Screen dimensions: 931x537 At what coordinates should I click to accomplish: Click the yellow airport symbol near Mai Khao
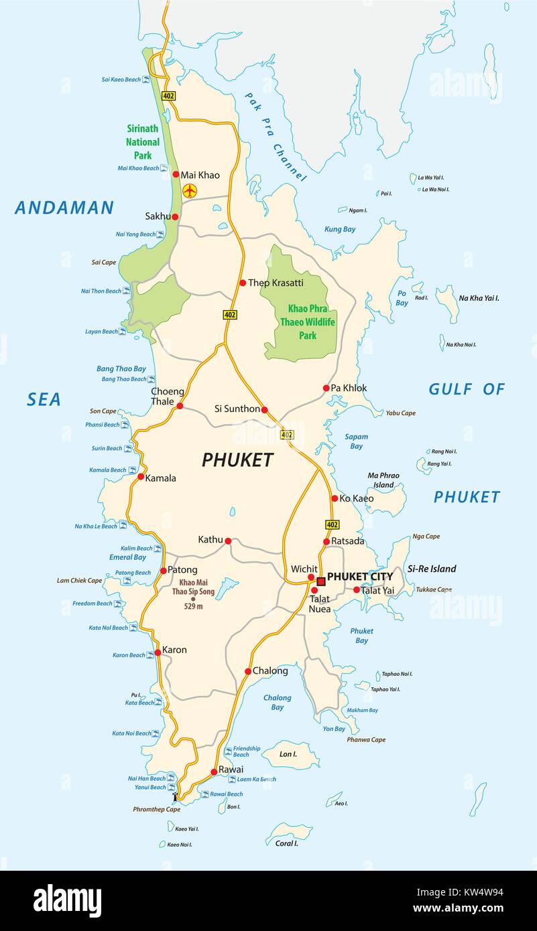point(190,191)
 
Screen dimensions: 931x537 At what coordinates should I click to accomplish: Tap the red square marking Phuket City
point(321,581)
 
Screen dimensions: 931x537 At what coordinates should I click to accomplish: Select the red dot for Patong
point(164,571)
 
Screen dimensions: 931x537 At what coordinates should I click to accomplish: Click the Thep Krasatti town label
point(276,283)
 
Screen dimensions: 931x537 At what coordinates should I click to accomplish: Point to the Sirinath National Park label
point(143,142)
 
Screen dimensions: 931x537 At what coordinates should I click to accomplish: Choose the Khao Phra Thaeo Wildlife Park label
point(307,321)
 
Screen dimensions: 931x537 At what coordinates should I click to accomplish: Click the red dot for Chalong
point(247,671)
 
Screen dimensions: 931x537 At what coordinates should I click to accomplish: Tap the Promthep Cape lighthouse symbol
point(176,797)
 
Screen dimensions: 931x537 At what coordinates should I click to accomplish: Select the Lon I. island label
point(288,754)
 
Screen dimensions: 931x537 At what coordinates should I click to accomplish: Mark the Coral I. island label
point(286,843)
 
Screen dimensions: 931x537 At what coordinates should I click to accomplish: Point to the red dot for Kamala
point(141,478)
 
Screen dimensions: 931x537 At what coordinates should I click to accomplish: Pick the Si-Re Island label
point(432,569)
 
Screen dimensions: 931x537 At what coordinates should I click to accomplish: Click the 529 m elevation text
point(193,607)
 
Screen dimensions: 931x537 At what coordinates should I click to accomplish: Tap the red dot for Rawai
point(213,771)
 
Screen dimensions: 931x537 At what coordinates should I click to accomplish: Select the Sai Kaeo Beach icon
point(145,80)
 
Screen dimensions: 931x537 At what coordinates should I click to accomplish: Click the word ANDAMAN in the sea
point(64,208)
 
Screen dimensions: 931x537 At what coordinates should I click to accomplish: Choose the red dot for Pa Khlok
point(326,388)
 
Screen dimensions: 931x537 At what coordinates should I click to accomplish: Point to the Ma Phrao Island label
point(383,480)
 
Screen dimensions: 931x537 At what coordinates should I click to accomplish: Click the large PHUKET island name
point(237,460)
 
